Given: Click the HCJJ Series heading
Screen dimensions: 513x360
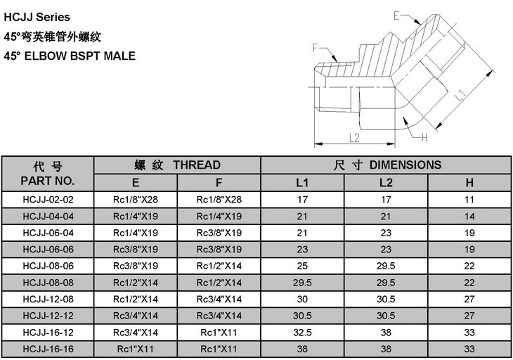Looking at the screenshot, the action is (37, 17).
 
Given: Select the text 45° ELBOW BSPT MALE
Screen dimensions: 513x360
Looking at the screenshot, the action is (70, 56).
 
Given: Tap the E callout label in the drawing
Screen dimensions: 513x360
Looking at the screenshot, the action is (397, 15).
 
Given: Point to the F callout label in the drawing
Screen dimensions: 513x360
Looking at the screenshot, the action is (316, 48).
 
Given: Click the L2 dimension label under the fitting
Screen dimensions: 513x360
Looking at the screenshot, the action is (354, 138).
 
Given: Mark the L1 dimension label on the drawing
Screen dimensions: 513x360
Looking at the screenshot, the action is (460, 95).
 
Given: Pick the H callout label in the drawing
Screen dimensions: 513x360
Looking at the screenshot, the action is (424, 137).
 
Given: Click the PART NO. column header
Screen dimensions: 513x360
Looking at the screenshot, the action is (48, 181).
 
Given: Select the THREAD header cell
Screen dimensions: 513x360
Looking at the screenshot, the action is (177, 165).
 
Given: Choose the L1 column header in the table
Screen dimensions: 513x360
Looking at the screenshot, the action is (302, 183).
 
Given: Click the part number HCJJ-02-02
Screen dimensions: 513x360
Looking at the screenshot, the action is (48, 200).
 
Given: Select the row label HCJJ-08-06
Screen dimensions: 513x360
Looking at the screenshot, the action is (48, 266).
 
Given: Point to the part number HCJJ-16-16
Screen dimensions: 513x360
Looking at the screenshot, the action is (48, 349).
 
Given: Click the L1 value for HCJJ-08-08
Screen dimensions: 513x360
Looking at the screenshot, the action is (302, 283).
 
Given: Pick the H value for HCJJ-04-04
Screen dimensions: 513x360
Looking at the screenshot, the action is (469, 217).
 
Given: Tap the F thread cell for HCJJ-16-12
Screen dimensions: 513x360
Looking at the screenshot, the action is (219, 333).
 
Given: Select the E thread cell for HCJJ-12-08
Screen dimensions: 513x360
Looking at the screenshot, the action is (136, 299).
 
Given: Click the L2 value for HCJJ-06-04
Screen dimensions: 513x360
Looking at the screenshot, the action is (386, 233).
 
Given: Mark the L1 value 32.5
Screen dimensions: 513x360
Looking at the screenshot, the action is (302, 333).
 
